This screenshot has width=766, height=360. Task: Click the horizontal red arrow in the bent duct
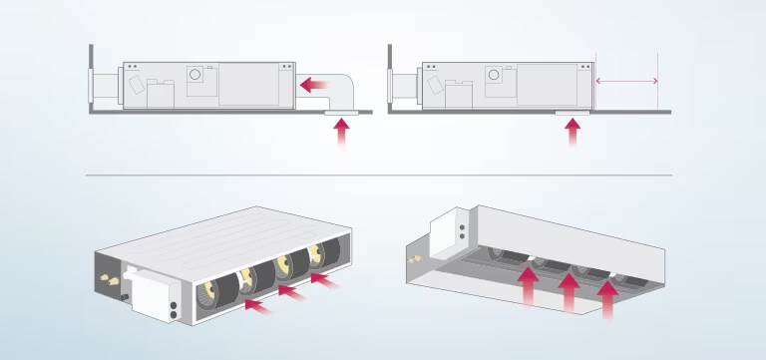(316, 86)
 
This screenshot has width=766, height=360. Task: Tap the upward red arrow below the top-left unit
(342, 134)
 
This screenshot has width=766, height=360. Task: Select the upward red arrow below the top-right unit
(573, 133)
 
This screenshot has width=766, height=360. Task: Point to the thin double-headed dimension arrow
(626, 81)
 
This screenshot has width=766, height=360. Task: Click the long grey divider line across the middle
(379, 176)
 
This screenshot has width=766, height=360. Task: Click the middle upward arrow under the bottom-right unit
(569, 293)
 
